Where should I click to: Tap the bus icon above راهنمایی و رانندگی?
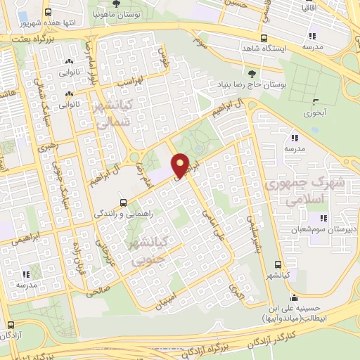124,200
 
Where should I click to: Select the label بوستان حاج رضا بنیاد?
251,84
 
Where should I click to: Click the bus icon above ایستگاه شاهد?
264,39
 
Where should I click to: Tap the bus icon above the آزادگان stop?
11,326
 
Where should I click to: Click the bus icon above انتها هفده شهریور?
48,13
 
